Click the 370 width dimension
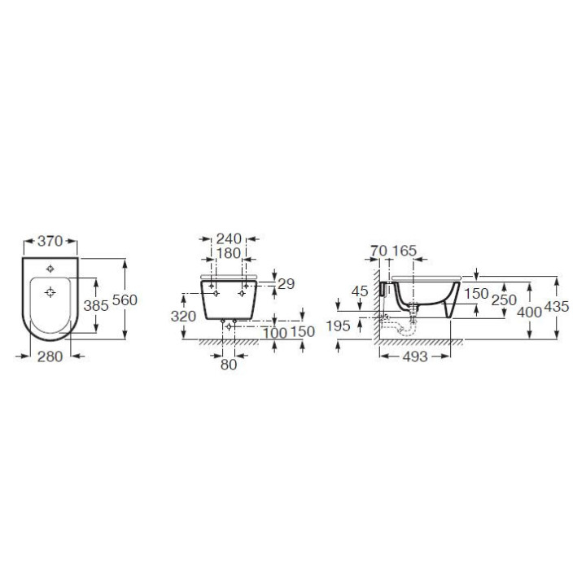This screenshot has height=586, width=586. [50, 241]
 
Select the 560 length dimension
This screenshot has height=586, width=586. [125, 300]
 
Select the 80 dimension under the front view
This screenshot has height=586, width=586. [228, 365]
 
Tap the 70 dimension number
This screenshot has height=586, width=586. [378, 251]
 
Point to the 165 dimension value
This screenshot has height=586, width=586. [405, 251]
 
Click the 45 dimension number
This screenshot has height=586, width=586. [361, 291]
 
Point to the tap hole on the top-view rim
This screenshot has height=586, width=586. [51, 268]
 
